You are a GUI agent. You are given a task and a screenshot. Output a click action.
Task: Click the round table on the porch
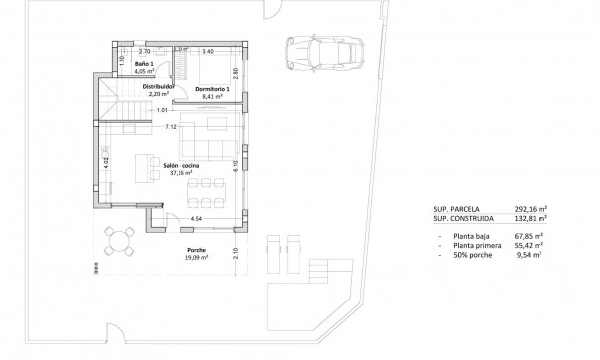click(123, 241)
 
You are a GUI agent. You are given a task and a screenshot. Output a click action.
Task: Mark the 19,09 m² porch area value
click(199, 257)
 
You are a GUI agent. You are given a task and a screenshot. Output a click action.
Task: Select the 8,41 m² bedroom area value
click(212, 97)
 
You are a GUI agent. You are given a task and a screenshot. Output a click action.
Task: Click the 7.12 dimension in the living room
click(171, 127)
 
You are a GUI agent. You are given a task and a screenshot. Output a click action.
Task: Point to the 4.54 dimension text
click(196, 217)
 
